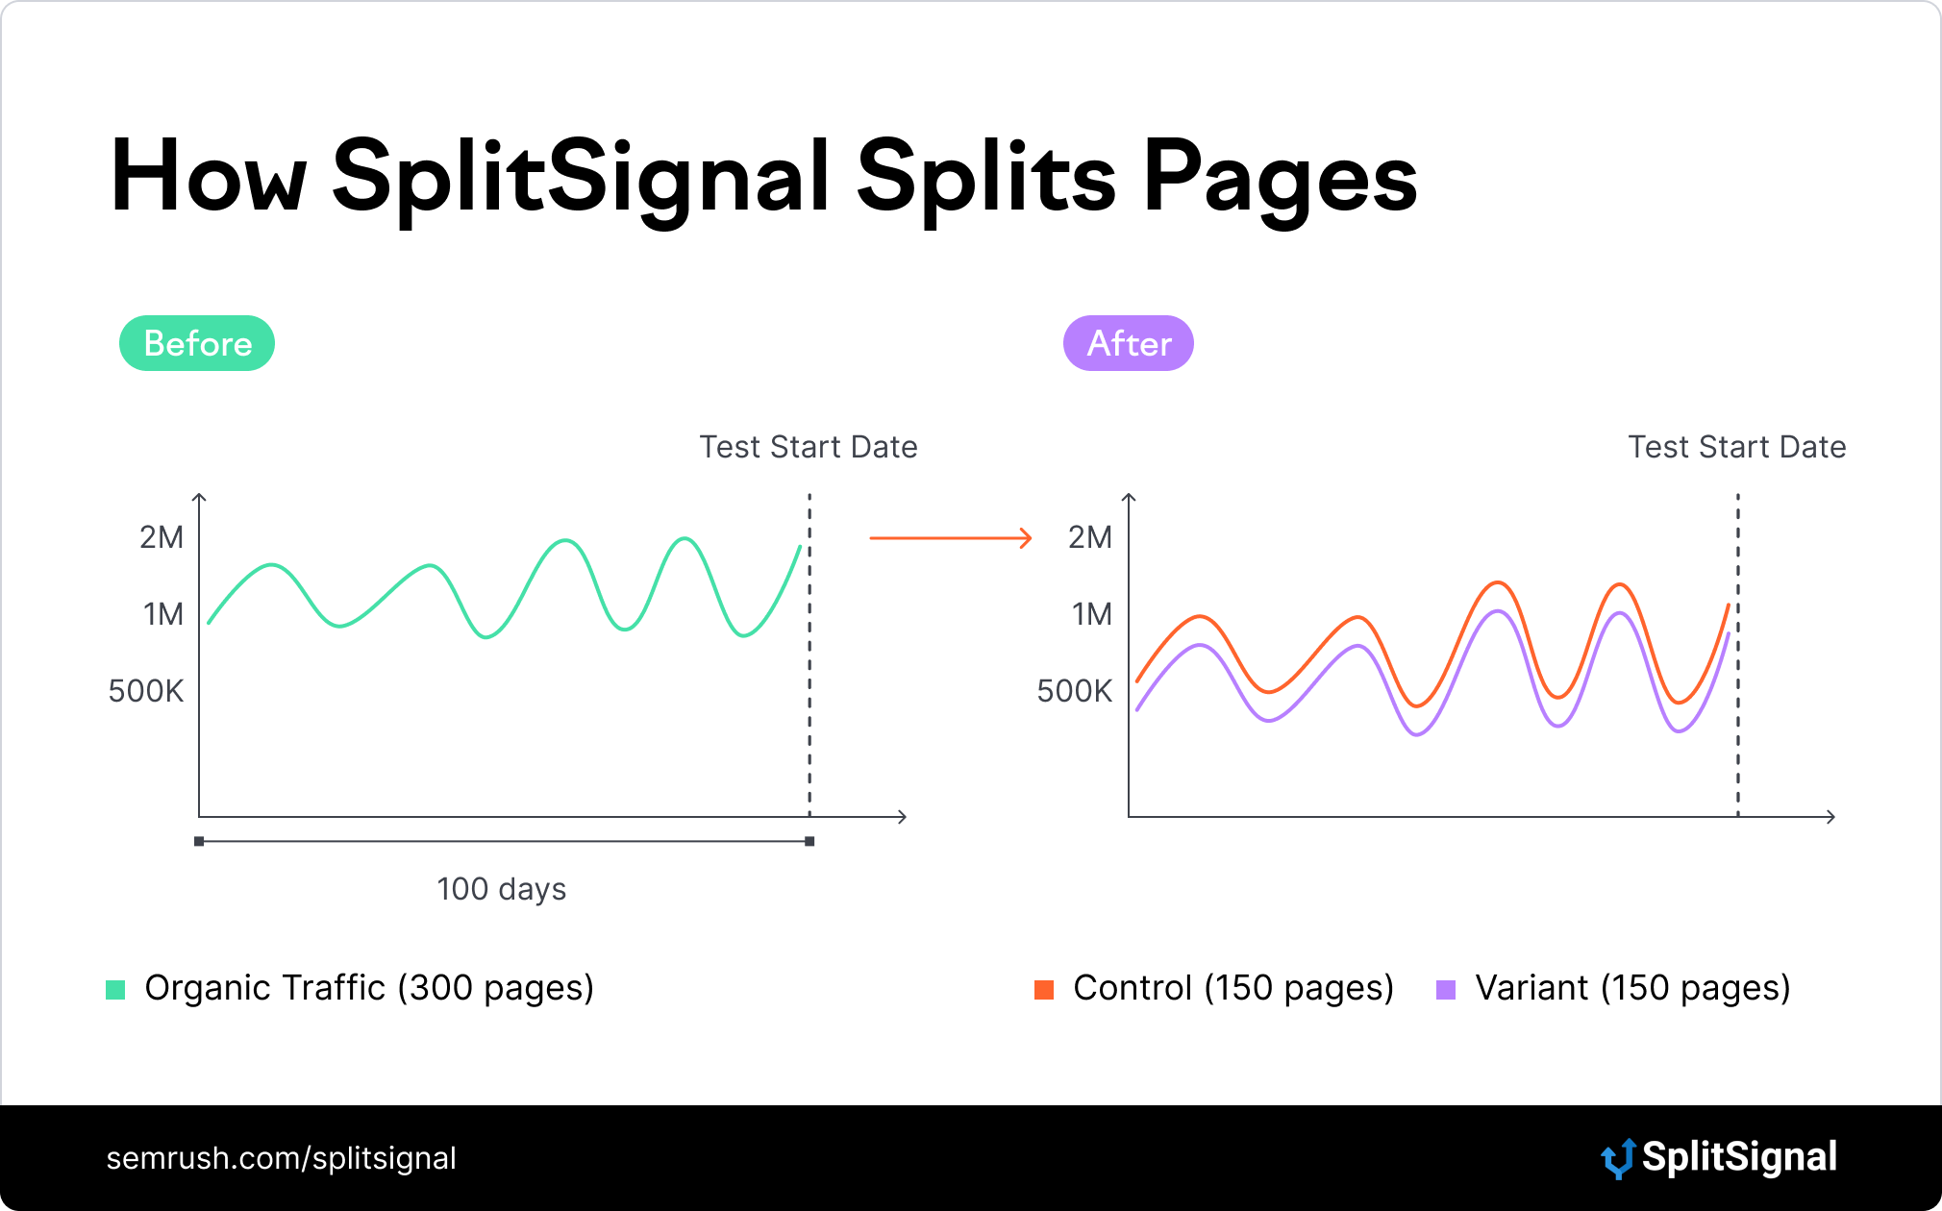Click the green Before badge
[197, 343]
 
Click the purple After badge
[1129, 343]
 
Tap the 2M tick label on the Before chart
[162, 537]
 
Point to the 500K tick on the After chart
[1075, 691]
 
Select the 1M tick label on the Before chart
[163, 614]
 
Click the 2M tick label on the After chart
[1090, 537]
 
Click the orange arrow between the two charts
[951, 538]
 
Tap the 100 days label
[502, 889]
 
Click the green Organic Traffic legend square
[115, 989]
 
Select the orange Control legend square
[1044, 989]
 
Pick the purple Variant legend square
[1446, 989]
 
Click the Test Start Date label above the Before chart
[809, 447]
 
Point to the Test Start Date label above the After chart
[1737, 447]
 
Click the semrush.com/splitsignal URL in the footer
[282, 1158]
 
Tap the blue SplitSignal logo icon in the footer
[1618, 1158]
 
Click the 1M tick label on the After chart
[1092, 614]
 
